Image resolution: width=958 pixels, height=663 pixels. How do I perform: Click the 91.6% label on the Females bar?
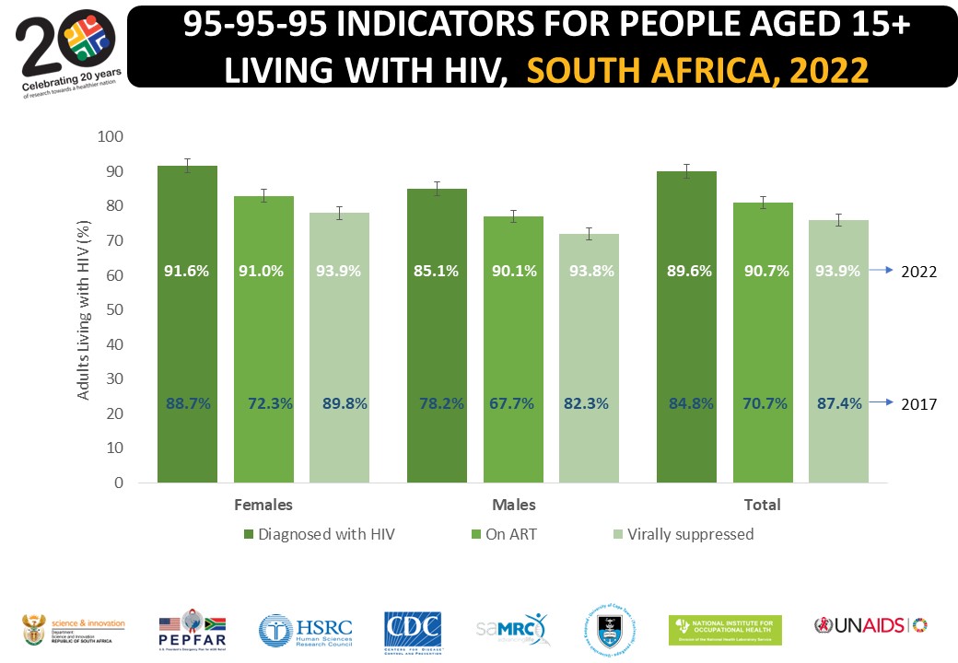187,272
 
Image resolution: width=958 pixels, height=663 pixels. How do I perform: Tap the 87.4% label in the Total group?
838,402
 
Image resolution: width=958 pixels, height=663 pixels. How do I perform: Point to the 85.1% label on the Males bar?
438,272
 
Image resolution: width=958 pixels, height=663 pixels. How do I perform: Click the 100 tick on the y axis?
111,137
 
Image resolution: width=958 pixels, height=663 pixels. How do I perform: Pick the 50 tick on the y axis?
114,309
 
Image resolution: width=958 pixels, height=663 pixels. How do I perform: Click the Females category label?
263,505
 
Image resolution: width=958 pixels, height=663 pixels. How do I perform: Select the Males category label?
513,505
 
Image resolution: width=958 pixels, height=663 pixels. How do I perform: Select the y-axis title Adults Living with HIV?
84,309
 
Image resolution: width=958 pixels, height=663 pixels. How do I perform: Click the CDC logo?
412,630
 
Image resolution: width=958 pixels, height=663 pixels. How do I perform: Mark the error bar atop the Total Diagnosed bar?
686,171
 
